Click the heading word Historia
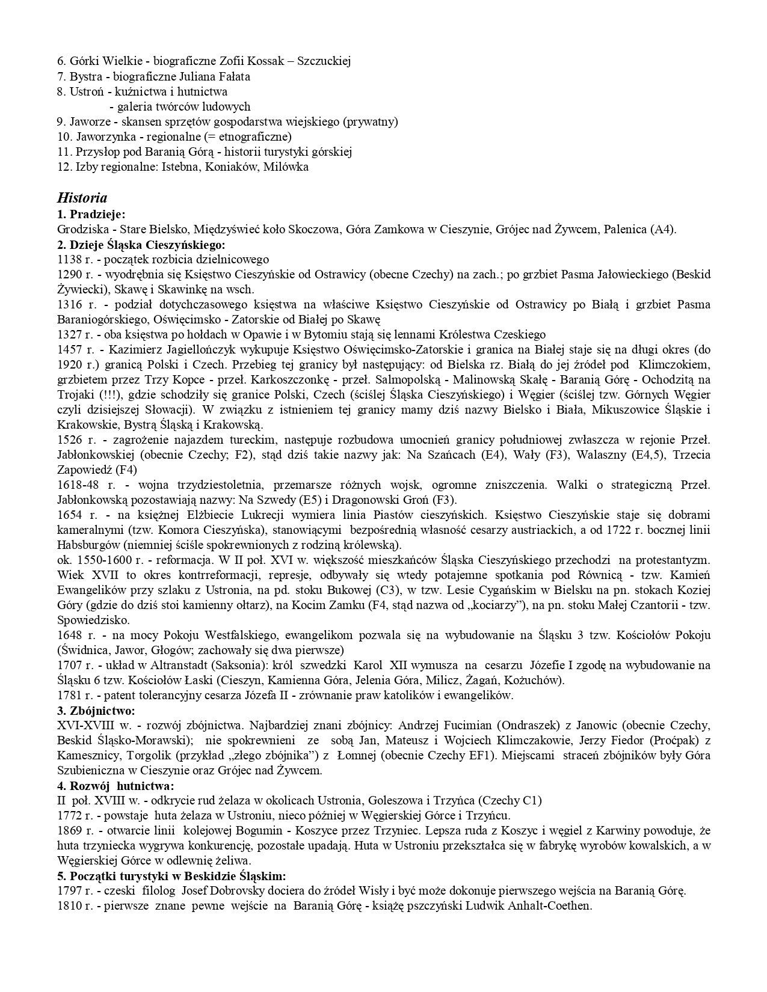[x=82, y=198]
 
